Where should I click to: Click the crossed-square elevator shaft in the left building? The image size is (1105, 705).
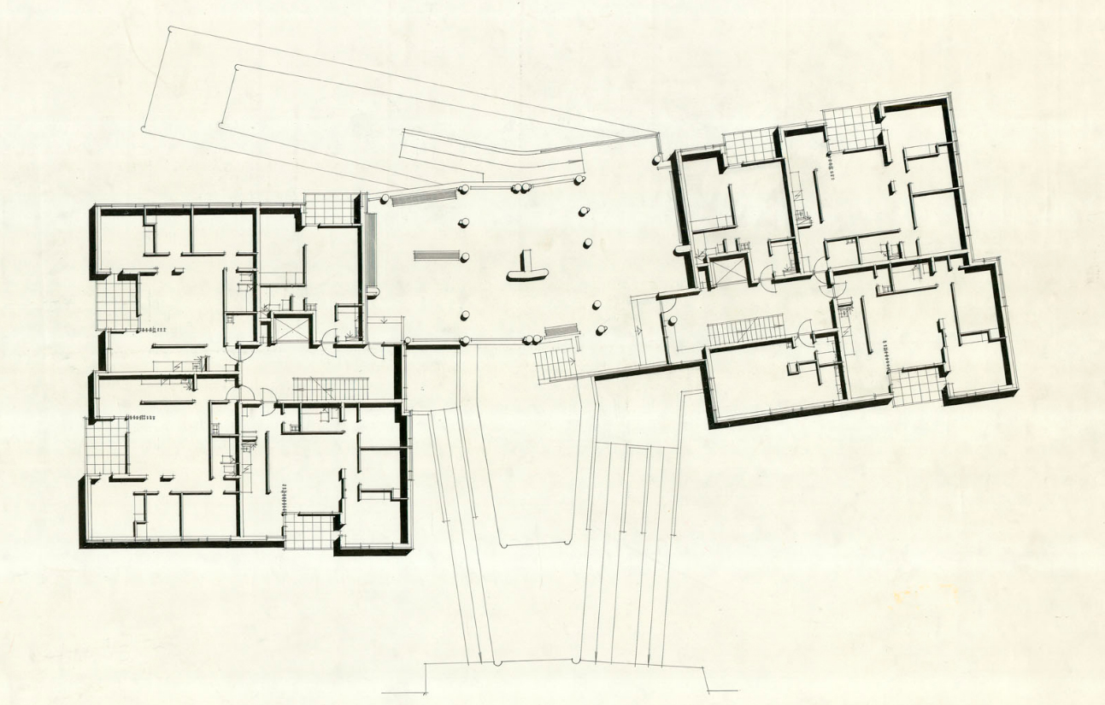(289, 328)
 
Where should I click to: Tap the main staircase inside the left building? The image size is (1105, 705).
(331, 389)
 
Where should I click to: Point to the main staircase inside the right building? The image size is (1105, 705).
(745, 331)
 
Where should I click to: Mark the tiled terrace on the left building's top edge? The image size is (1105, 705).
(330, 209)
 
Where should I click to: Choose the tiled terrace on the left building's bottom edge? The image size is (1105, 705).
(309, 530)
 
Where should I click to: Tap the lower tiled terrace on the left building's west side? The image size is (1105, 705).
(104, 447)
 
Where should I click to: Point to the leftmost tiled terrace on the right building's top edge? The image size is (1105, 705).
(749, 145)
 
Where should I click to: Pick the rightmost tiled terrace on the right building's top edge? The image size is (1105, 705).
(851, 128)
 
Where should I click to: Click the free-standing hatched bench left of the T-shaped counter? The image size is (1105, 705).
(436, 255)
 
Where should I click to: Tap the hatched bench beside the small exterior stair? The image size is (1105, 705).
(561, 330)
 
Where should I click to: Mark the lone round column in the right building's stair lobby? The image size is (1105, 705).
(673, 321)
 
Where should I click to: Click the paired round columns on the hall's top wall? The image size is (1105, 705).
(520, 186)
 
